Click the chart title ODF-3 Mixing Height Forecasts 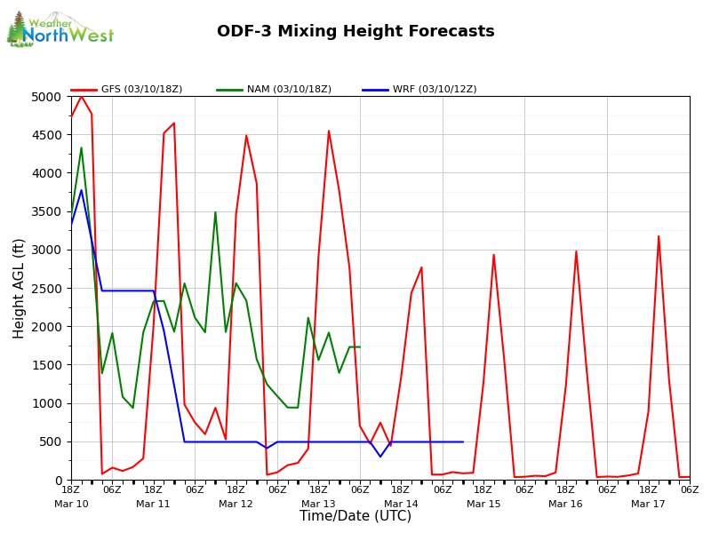point(355,32)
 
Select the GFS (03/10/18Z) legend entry point(129,90)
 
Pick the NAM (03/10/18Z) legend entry point(275,90)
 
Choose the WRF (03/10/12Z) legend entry point(420,90)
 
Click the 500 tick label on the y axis point(52,442)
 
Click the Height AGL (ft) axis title point(20,288)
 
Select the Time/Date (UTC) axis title point(355,516)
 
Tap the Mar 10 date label point(71,504)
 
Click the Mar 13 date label point(318,504)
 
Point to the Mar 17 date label point(648,504)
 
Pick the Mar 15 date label point(483,504)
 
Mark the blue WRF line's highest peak point(81,190)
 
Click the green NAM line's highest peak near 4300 point(81,148)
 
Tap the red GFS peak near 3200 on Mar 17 point(659,236)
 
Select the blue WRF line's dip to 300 point(380,457)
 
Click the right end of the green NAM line point(359,347)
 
